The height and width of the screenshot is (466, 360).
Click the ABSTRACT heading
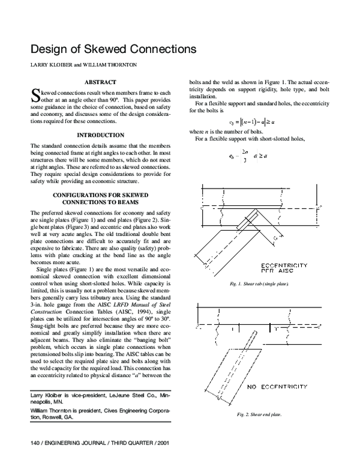tap(100, 82)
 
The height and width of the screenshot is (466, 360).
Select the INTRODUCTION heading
tap(101, 135)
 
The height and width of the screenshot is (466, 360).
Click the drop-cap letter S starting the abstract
tap(34, 95)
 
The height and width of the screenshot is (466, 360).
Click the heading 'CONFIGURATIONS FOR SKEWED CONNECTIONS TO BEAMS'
tap(100, 199)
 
